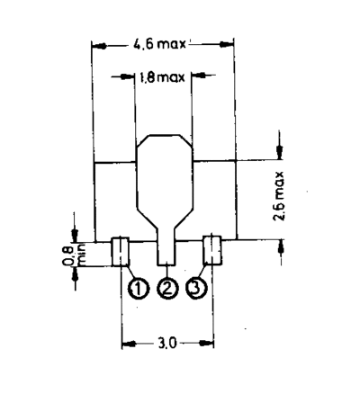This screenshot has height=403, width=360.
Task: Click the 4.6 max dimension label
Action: point(160,44)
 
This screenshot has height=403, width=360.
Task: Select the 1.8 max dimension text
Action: point(162,77)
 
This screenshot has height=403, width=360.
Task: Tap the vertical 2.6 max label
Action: point(279,196)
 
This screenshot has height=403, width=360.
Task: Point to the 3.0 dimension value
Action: point(167,344)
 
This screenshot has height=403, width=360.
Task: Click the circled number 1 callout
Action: point(139,289)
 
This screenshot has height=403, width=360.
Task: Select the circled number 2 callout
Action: point(167,289)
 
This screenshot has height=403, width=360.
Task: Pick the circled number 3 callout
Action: point(196,289)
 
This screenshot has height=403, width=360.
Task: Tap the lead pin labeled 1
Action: point(121,251)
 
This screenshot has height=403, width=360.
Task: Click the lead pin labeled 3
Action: point(212,251)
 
